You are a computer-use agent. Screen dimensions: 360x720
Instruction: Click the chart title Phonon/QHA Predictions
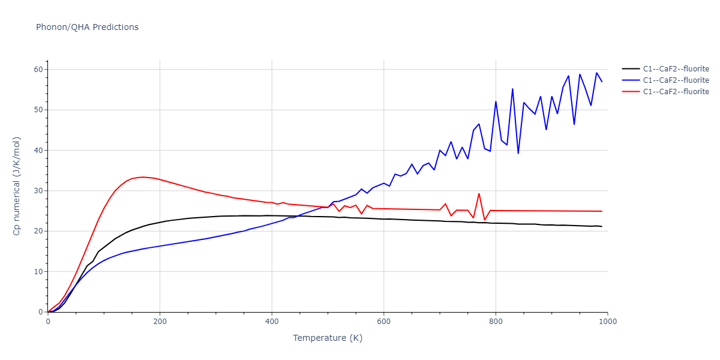click(x=87, y=27)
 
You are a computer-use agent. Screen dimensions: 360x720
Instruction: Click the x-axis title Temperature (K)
click(x=328, y=338)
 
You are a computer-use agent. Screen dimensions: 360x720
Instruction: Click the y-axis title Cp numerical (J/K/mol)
click(x=17, y=186)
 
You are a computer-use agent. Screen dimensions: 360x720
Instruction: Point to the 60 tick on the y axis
click(x=38, y=70)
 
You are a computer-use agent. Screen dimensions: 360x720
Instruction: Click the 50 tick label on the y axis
click(x=38, y=110)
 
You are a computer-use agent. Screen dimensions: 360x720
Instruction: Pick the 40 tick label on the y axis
click(x=38, y=151)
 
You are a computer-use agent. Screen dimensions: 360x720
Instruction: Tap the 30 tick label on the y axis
click(x=38, y=191)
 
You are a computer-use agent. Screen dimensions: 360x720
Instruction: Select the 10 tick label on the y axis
click(x=38, y=272)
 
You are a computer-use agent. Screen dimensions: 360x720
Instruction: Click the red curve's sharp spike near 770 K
click(x=479, y=193)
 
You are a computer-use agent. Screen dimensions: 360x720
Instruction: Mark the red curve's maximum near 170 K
click(x=143, y=177)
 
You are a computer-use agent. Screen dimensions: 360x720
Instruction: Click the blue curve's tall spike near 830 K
click(x=512, y=89)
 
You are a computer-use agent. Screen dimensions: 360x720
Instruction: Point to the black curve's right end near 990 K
click(x=602, y=226)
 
